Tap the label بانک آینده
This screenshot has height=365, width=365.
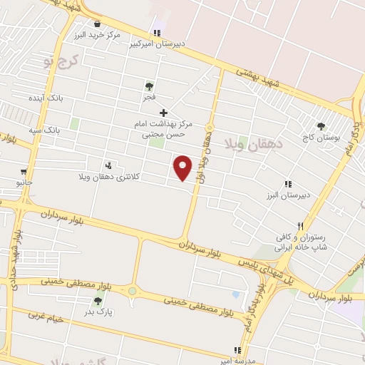[x=47, y=98]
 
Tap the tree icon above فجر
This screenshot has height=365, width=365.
[x=148, y=86]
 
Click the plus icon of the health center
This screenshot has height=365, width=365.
[x=163, y=113]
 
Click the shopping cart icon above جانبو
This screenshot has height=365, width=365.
[x=24, y=172]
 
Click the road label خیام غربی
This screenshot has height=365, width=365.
[x=46, y=318]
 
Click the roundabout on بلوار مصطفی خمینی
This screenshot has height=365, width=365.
[x=133, y=291]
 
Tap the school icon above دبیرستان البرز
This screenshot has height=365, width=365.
[x=288, y=183]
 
